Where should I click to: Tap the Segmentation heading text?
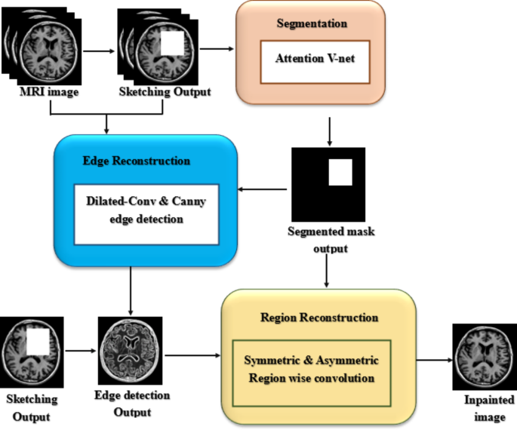click(311, 23)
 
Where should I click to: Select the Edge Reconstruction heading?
click(136, 161)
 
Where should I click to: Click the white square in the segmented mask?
click(340, 173)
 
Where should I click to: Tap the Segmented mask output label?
click(327, 239)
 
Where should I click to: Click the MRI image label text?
click(48, 94)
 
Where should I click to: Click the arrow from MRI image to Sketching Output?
click(99, 52)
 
